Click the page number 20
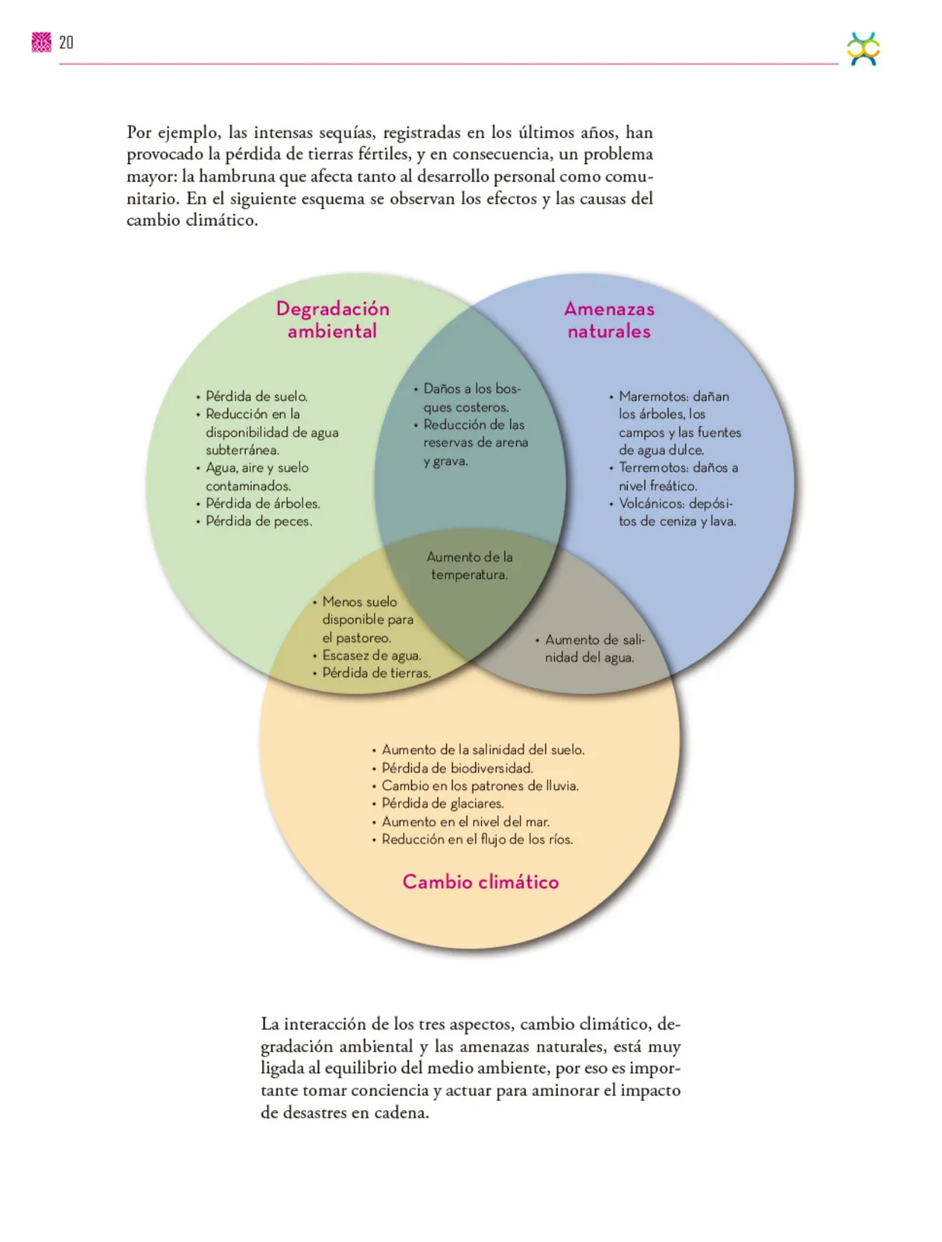click(66, 43)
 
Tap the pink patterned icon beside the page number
click(41, 43)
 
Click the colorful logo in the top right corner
click(863, 49)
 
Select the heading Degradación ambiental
click(332, 320)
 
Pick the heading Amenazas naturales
click(609, 320)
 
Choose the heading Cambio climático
click(480, 882)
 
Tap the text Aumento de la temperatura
click(469, 566)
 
